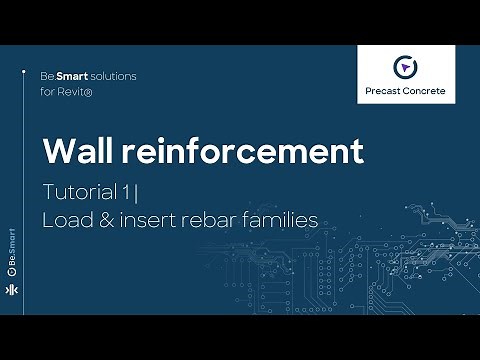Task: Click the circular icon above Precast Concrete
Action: pyautogui.click(x=405, y=67)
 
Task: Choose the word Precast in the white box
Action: pyautogui.click(x=383, y=92)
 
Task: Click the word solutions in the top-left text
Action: pyautogui.click(x=111, y=76)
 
